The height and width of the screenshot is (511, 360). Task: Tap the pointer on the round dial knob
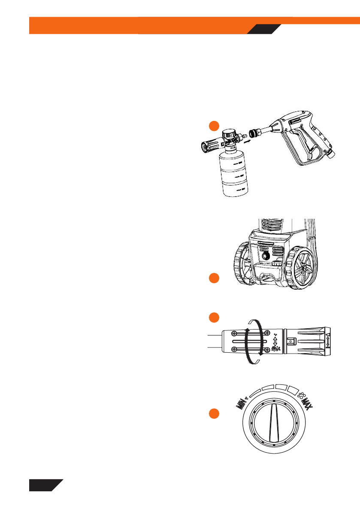click(273, 423)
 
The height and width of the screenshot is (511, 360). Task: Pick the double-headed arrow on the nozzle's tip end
click(328, 342)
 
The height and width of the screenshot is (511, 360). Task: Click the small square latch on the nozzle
click(292, 342)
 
